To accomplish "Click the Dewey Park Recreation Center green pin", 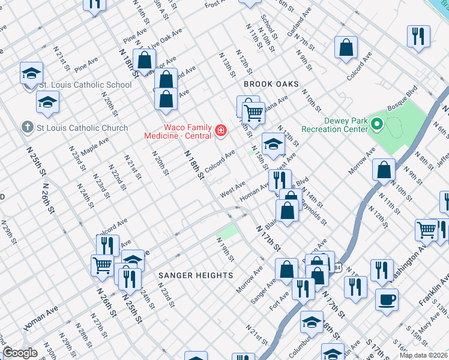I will tap(377, 125).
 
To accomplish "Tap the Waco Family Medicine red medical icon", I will tap(221, 130).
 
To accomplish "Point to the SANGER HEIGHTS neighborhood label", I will tap(196, 275).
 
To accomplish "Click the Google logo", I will tap(19, 353).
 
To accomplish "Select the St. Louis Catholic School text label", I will tap(85, 85).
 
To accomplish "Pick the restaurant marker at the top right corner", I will tap(418, 35).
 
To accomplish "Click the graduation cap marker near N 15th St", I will tap(273, 143).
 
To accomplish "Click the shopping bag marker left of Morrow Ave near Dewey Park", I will tap(384, 169).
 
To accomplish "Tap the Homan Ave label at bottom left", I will tap(41, 318).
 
